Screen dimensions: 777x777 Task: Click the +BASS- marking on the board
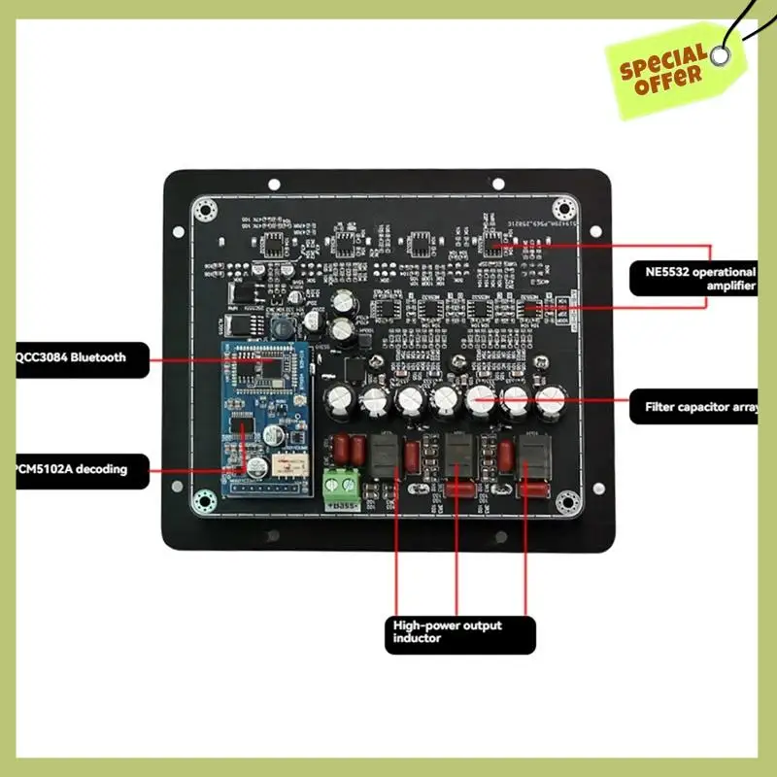click(346, 506)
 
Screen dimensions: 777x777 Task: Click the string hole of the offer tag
click(720, 55)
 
